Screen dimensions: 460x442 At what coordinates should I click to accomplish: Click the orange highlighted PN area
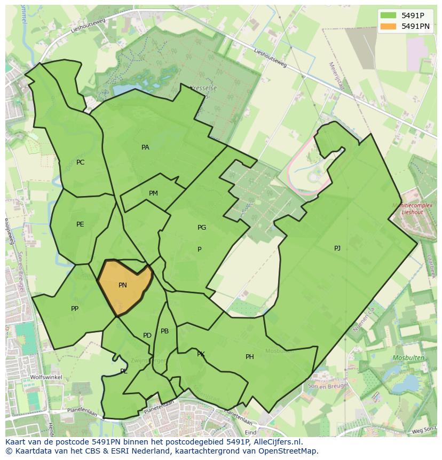124,286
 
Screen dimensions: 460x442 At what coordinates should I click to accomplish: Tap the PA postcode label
145,147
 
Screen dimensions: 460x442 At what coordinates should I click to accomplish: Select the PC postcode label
80,162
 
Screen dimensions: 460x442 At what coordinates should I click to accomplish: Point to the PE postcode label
80,224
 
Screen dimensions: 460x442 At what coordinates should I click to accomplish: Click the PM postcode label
153,193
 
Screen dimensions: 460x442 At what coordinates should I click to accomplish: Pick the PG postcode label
202,228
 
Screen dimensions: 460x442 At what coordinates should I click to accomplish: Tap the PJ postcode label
337,248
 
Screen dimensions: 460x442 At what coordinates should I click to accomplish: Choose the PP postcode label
75,309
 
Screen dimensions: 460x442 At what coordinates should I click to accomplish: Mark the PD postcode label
147,336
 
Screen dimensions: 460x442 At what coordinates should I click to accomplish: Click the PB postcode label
164,331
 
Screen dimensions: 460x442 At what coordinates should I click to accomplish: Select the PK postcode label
201,354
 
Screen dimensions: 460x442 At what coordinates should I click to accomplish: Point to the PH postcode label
250,357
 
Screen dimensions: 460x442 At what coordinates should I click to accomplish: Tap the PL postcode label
124,371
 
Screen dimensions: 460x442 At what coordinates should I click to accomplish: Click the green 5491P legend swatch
388,15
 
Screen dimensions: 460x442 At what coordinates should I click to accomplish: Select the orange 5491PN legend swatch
388,26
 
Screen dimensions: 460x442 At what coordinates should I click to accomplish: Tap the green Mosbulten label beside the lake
408,357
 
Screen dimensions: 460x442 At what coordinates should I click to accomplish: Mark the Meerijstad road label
337,76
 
